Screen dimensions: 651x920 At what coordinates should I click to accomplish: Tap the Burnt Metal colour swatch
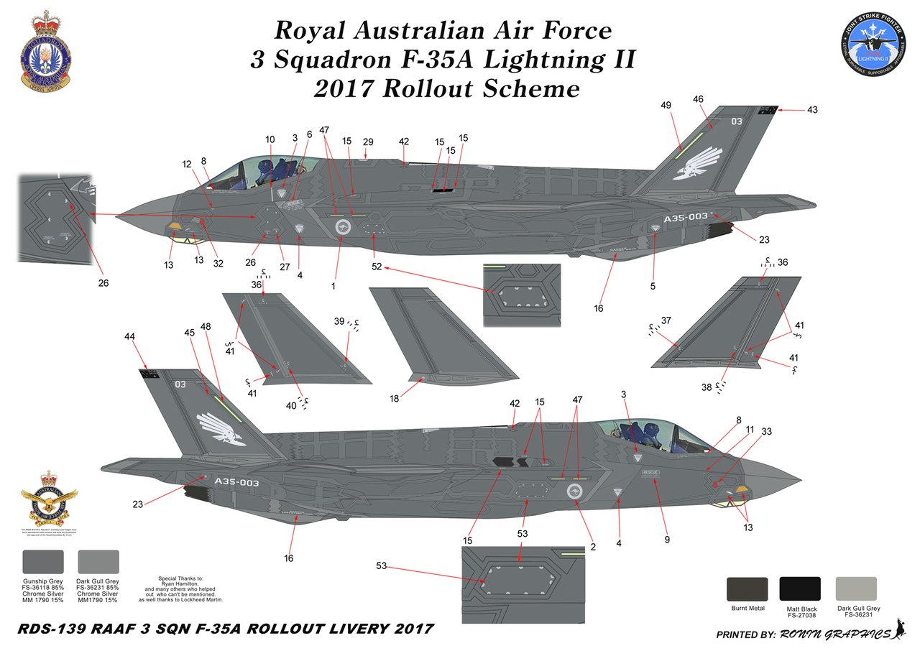[747, 589]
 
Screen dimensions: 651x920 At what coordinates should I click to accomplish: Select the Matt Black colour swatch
[800, 589]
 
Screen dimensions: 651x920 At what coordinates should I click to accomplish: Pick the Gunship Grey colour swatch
[43, 562]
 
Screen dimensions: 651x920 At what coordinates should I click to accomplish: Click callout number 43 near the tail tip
[812, 110]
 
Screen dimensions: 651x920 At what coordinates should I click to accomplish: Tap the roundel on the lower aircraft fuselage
[574, 491]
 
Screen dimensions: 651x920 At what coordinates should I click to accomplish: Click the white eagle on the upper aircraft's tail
[698, 164]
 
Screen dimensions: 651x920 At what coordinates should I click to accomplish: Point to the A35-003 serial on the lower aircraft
[230, 483]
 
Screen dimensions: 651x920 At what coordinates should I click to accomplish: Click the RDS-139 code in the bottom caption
[48, 629]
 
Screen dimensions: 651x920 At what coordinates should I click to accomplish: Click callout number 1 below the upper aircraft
[334, 286]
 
